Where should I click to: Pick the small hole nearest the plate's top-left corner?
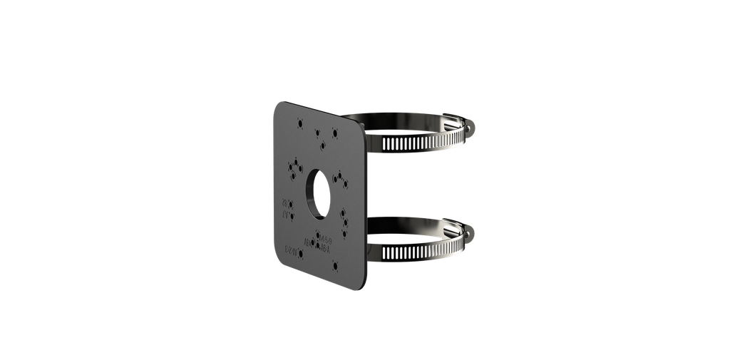[299, 123]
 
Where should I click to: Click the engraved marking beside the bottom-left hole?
[289, 250]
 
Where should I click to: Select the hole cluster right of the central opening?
[341, 178]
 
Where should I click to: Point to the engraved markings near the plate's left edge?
[287, 207]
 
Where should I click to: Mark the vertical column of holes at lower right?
[345, 220]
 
